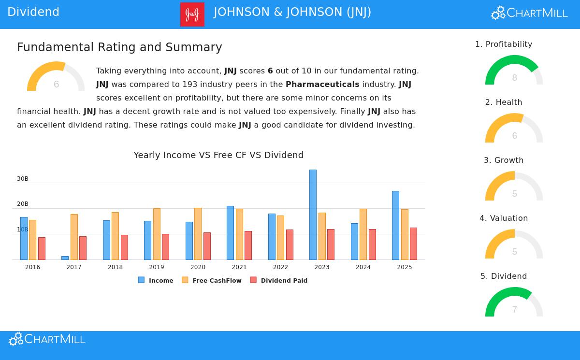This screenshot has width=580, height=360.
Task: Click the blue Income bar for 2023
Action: [313, 215]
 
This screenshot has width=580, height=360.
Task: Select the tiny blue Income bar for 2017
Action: [65, 258]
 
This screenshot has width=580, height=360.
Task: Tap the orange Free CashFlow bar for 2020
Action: [198, 234]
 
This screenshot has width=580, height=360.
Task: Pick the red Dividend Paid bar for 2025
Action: [413, 244]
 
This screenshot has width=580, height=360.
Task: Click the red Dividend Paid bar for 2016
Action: [42, 248]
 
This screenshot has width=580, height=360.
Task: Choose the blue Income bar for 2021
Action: [230, 233]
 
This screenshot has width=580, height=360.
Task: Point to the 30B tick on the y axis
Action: [23, 179]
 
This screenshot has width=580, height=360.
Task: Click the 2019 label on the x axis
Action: [157, 267]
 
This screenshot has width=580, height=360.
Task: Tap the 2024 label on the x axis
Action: [363, 267]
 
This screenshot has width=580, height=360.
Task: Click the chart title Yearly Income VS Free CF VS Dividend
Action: [218, 155]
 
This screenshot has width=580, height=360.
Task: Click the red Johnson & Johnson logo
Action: [192, 14]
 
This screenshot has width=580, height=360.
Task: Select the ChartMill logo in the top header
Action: [529, 13]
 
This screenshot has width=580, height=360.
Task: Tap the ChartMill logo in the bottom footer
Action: [47, 339]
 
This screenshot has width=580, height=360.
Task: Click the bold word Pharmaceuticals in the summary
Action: [322, 85]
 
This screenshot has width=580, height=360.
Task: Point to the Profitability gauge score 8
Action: [514, 78]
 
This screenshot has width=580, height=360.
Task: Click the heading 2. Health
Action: [504, 102]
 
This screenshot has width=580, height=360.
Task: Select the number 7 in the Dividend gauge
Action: [514, 310]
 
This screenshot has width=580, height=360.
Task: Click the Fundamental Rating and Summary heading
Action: [119, 47]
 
